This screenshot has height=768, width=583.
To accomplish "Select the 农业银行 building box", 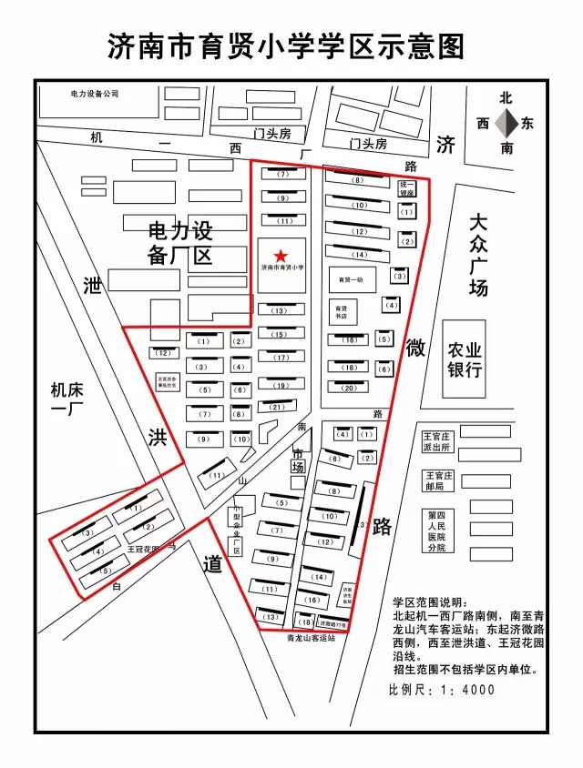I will point(464,359).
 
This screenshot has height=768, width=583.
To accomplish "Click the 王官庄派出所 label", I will point(438,441).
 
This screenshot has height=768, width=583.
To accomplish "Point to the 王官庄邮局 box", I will point(438,480).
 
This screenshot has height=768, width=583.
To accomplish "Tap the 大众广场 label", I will point(479,255).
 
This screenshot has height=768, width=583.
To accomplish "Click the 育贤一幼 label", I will point(351,279).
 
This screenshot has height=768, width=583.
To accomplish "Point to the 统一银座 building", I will point(406,187).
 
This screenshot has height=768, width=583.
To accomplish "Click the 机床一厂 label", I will point(66,400).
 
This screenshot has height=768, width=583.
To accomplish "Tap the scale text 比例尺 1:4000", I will point(442,690).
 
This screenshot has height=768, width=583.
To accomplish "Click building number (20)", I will point(349,389).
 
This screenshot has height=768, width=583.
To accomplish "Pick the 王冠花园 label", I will point(143,550).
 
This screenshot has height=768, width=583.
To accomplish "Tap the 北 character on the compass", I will point(506,98).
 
